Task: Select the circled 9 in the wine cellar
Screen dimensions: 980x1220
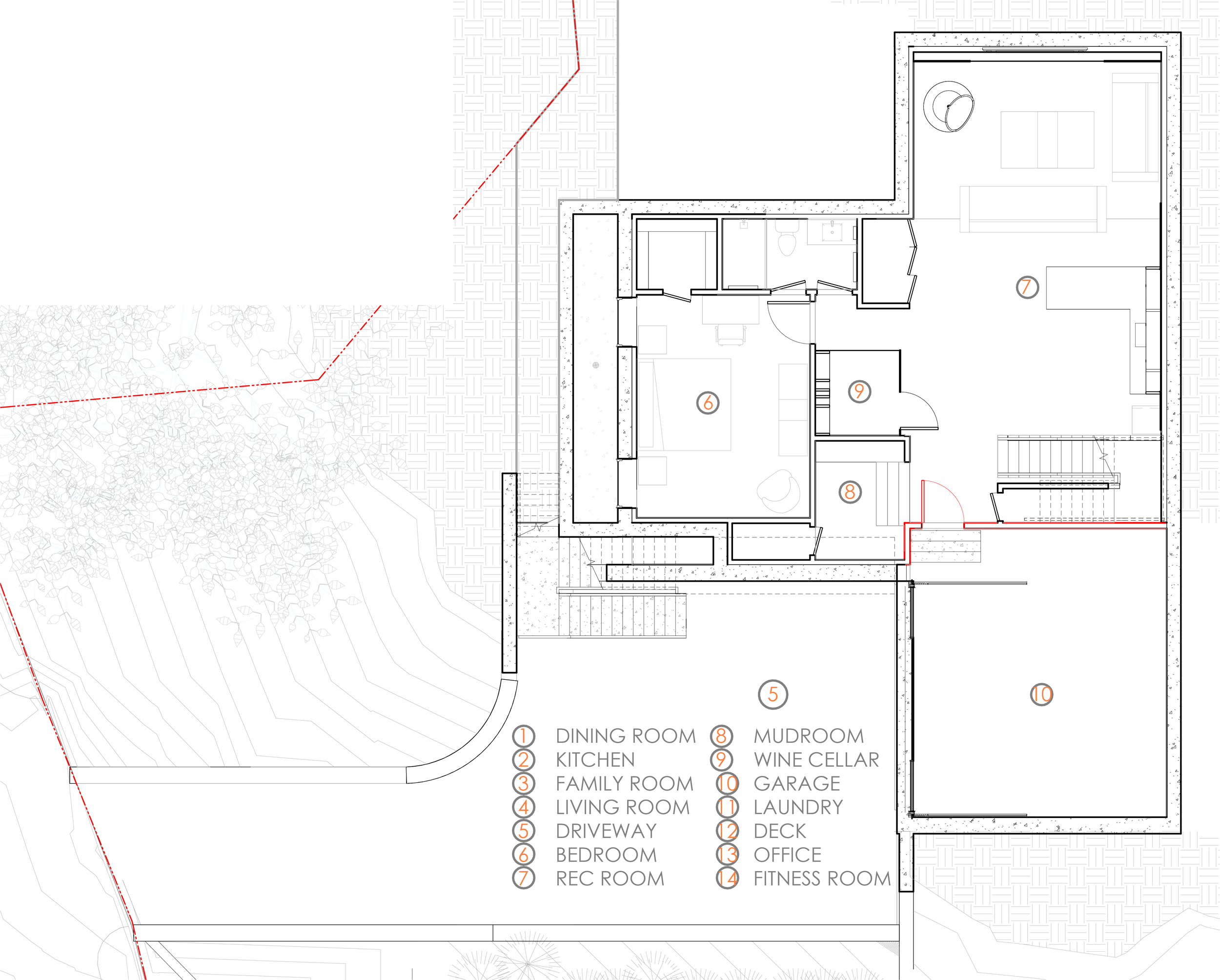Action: tap(859, 391)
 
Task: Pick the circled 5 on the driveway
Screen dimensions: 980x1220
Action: tap(773, 694)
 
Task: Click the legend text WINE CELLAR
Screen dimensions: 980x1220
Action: tap(816, 760)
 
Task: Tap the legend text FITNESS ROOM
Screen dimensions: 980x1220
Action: tap(822, 878)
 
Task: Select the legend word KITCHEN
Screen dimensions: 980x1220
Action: tap(595, 760)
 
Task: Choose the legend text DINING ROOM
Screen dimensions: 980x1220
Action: tap(625, 736)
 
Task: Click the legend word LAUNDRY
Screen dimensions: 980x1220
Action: tap(798, 807)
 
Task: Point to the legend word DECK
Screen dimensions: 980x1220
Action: tap(779, 831)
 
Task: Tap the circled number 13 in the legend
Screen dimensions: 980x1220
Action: tap(727, 855)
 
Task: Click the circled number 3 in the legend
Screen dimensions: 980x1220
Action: tap(524, 784)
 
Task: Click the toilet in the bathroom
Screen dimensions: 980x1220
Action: tap(787, 241)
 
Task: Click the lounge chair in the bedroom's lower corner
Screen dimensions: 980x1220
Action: tap(779, 491)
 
